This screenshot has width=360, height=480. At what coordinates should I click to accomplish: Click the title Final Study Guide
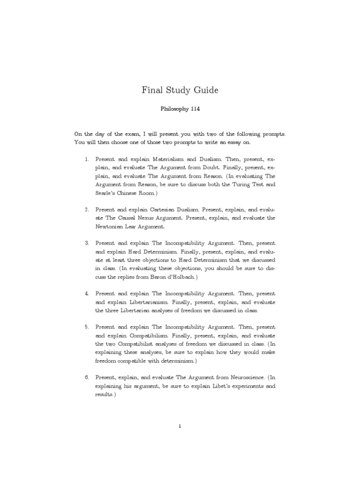(180, 90)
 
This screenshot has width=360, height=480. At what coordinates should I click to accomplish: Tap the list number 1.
(87, 160)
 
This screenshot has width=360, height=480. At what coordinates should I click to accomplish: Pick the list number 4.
(87, 293)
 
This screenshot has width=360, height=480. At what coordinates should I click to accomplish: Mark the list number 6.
(87, 377)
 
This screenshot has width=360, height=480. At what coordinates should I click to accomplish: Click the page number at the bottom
(180, 426)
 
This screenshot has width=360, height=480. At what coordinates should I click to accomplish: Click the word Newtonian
(112, 227)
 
